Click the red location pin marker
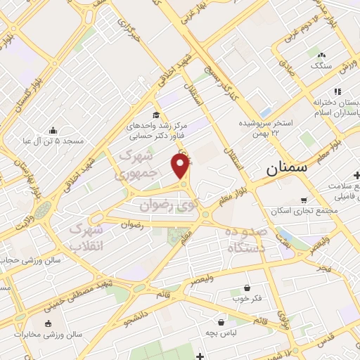point(181,167)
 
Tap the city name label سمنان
point(286,170)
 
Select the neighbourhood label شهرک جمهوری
point(137,163)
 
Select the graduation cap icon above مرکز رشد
point(155,115)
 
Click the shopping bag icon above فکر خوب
point(247,288)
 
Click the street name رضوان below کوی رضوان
point(132,226)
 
